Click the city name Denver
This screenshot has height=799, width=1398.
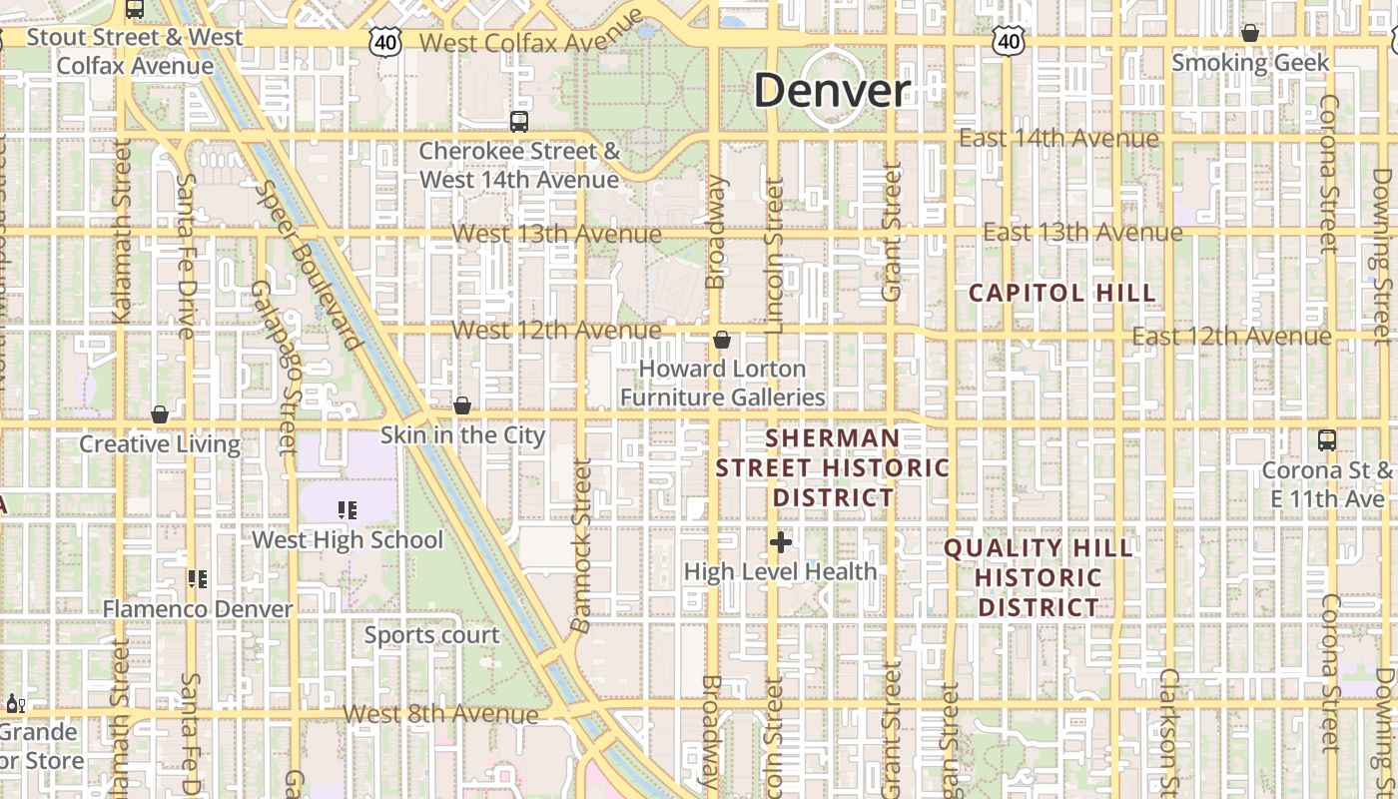click(832, 91)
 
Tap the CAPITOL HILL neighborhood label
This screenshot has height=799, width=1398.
click(1062, 293)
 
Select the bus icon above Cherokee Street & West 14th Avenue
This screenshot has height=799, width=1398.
click(518, 122)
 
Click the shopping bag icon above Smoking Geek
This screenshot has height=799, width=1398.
click(1249, 34)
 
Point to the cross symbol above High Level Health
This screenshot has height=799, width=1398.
click(781, 542)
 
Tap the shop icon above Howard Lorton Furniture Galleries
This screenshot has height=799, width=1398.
click(722, 341)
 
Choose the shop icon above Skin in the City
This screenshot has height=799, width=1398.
click(462, 405)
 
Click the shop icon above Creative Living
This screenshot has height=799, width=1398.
click(160, 414)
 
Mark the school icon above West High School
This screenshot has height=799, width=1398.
click(348, 510)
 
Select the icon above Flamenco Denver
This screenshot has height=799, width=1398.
click(198, 579)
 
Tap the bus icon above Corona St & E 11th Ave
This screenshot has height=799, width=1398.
click(1327, 440)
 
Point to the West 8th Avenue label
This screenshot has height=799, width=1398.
click(440, 714)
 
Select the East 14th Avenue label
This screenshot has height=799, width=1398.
click(1058, 138)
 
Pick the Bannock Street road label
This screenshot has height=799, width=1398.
click(582, 544)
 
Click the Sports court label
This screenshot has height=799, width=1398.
click(431, 635)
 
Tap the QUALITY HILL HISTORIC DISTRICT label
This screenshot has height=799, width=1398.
click(1039, 577)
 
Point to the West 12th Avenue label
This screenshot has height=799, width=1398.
click(556, 330)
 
